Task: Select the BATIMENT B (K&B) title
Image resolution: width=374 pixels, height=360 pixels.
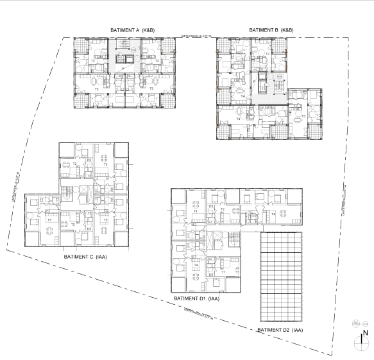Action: tap(271, 30)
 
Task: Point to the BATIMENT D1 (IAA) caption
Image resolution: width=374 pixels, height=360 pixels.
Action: tap(197, 298)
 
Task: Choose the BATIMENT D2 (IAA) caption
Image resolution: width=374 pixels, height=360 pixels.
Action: tap(279, 330)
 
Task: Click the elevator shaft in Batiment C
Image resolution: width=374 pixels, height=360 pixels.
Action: tap(84, 192)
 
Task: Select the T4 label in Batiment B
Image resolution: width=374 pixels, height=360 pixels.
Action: tap(238, 118)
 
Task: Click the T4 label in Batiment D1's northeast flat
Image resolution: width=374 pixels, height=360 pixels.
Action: tap(273, 214)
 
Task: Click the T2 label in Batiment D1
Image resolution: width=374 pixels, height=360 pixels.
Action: tap(221, 209)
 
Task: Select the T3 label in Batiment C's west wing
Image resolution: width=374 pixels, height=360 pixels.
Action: tap(49, 219)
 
